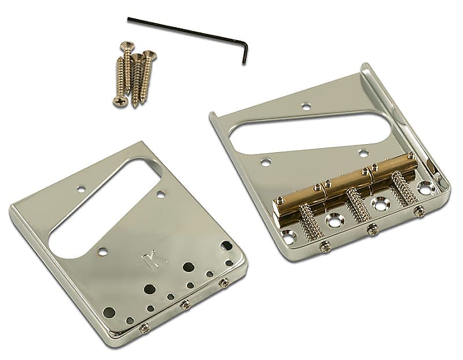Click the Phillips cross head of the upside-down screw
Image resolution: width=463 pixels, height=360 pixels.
point(120,102)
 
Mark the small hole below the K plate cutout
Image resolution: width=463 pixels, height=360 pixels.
point(103,251)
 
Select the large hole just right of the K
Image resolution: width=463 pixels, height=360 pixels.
point(188,267)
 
